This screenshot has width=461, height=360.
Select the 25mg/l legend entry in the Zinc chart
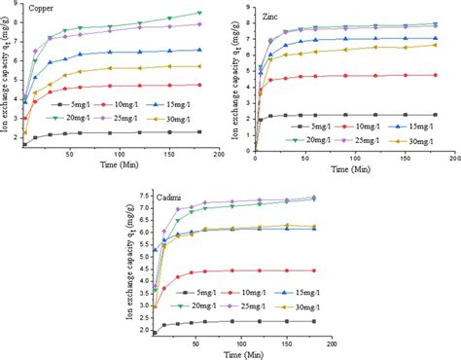click(359, 139)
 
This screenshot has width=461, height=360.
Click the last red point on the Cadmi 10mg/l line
click(314, 270)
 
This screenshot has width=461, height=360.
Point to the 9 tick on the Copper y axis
click(16, 5)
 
